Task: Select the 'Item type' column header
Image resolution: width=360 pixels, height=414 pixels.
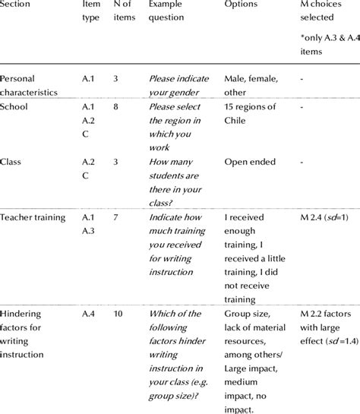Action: [x=90, y=11]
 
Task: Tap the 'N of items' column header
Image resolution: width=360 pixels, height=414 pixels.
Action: [x=125, y=11]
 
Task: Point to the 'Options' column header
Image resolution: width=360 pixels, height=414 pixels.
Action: [x=241, y=5]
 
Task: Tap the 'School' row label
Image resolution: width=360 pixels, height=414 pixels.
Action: [x=14, y=107]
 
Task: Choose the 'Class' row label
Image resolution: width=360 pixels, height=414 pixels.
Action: [x=11, y=162]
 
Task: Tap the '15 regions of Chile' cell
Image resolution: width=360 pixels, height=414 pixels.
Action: [x=251, y=113]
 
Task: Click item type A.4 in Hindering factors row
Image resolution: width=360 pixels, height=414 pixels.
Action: [x=89, y=314]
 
